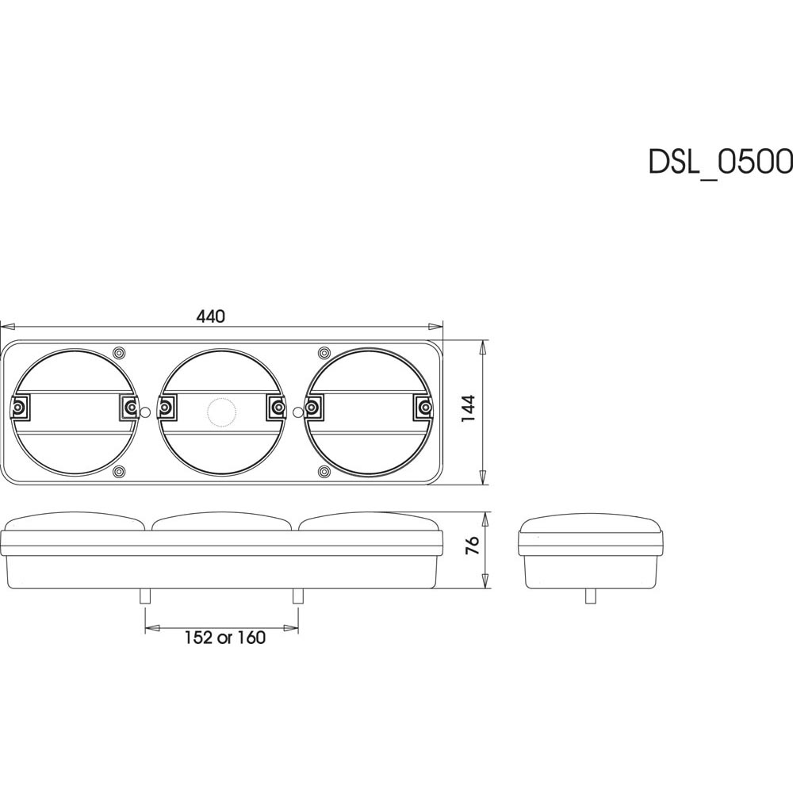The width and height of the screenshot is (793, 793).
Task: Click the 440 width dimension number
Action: (x=210, y=316)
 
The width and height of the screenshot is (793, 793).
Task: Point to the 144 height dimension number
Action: (x=469, y=408)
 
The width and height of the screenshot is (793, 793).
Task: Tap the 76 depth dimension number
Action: (x=472, y=546)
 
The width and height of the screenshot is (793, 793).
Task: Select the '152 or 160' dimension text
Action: (x=224, y=638)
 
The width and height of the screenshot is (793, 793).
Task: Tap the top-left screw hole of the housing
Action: (x=119, y=352)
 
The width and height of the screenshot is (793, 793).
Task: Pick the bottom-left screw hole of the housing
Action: (x=119, y=472)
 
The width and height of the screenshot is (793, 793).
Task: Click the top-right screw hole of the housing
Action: (x=324, y=352)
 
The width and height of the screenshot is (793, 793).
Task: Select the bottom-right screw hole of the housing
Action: (x=324, y=472)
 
